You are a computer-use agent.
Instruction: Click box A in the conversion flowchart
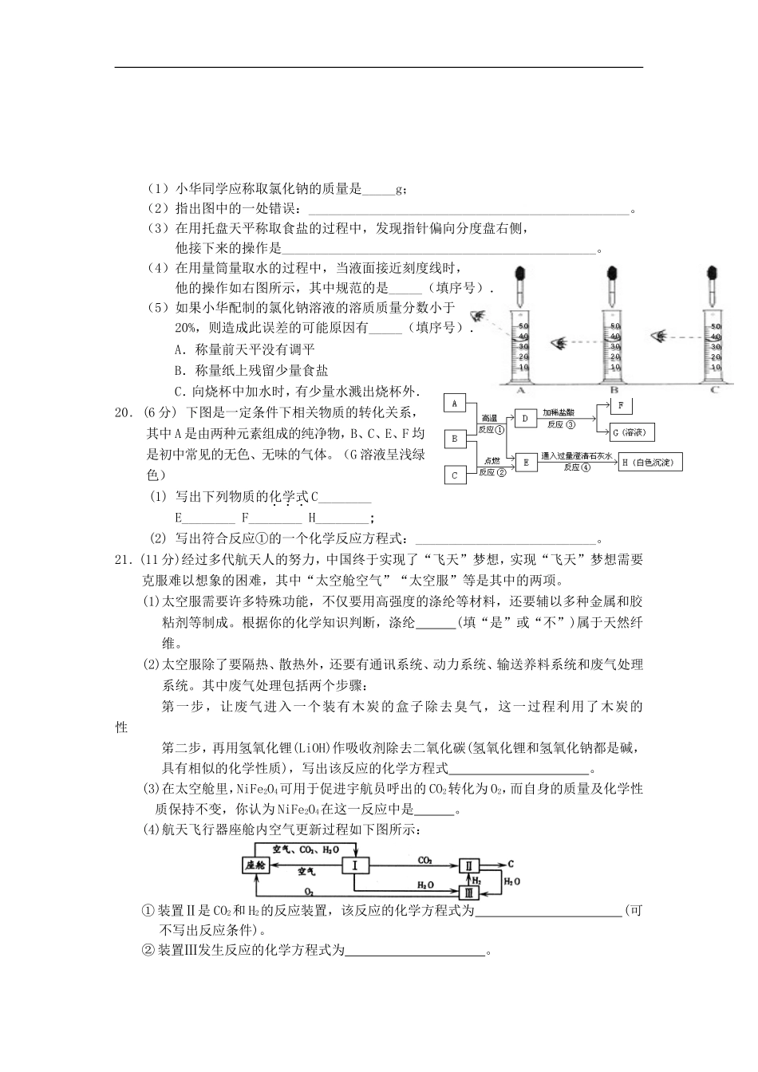click(x=454, y=404)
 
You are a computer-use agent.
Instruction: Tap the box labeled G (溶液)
click(x=632, y=432)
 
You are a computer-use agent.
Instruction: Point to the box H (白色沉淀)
click(x=650, y=462)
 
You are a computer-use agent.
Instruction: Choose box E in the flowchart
click(x=525, y=462)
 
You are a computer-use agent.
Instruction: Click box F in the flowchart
click(x=621, y=406)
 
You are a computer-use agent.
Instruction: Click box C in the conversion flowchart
click(x=454, y=475)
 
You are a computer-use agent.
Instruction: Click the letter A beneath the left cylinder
click(x=521, y=390)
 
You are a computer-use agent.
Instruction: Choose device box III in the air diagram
click(x=469, y=893)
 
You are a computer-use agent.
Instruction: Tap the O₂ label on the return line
click(x=308, y=891)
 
